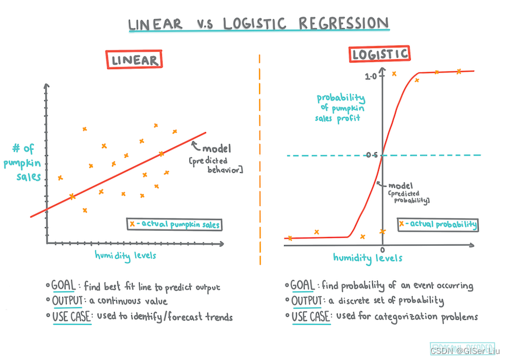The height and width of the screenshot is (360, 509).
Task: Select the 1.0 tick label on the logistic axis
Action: pos(370,77)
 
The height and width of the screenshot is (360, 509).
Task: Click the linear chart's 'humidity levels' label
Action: pos(125,255)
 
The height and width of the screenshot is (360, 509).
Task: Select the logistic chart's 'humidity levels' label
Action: pos(368,258)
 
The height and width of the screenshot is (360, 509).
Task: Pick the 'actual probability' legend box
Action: pos(438,225)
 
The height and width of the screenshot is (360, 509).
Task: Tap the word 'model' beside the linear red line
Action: pos(216,149)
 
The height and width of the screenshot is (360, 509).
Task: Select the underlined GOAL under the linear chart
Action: pos(63,286)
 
